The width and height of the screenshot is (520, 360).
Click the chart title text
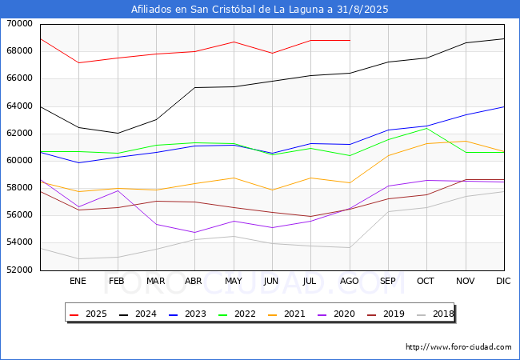(x=260, y=10)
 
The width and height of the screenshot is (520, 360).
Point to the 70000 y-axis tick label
(x=19, y=24)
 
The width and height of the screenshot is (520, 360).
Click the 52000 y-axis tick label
(x=19, y=270)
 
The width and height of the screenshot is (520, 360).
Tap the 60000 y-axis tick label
(x=19, y=161)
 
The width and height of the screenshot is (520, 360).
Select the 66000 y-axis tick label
(x=19, y=78)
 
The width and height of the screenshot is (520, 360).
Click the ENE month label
(x=78, y=282)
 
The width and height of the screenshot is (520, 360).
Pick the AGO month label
(x=349, y=282)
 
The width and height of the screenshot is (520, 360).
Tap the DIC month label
(x=503, y=282)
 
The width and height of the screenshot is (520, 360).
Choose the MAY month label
(x=233, y=282)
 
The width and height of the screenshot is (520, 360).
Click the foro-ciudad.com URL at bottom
(x=458, y=347)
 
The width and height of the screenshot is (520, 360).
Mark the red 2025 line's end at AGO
(x=349, y=40)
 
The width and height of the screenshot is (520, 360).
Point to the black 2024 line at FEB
(x=117, y=134)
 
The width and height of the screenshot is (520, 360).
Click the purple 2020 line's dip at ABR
(x=194, y=233)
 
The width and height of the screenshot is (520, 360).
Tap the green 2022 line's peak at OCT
(x=426, y=128)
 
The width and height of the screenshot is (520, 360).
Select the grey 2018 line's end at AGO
(x=349, y=247)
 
